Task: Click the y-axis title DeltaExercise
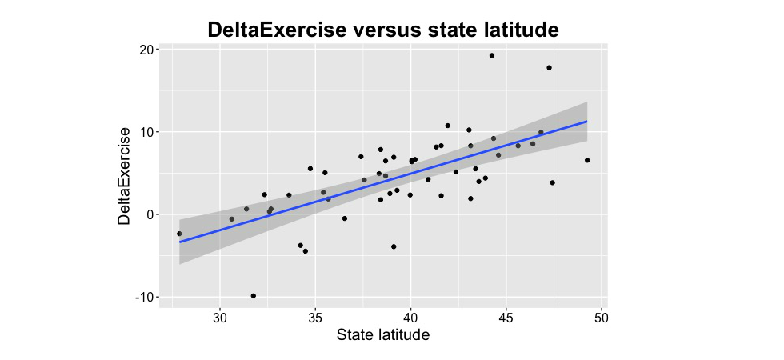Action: click(x=124, y=175)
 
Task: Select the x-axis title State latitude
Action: click(x=383, y=334)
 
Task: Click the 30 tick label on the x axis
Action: click(x=220, y=316)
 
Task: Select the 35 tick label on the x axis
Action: click(x=315, y=316)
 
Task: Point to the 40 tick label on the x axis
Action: click(x=410, y=316)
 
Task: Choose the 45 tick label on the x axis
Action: click(x=506, y=316)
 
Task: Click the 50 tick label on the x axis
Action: click(x=601, y=316)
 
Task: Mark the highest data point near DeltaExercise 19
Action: click(x=492, y=55)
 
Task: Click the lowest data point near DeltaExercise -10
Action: click(x=254, y=296)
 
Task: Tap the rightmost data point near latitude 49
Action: click(x=587, y=160)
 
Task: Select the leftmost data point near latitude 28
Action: click(x=179, y=234)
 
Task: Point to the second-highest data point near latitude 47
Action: click(x=550, y=67)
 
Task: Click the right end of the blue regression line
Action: click(x=587, y=122)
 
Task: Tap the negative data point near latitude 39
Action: click(x=394, y=246)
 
